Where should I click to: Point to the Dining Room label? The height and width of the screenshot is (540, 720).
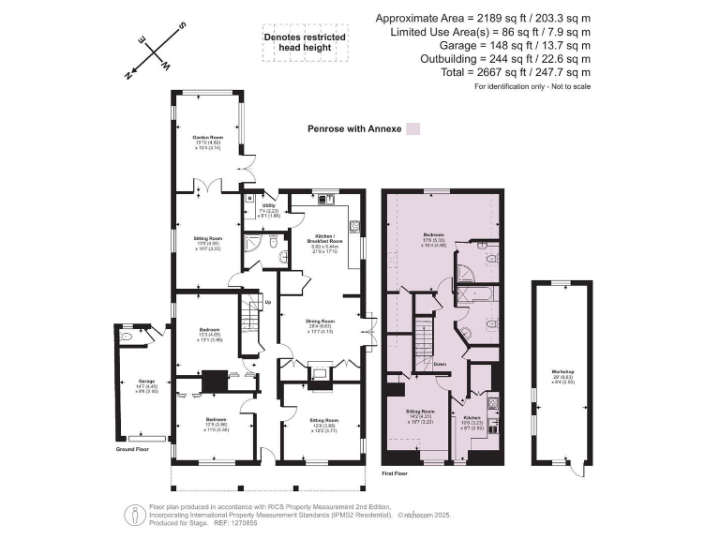321,322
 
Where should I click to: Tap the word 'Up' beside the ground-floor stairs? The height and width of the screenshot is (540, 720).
269,302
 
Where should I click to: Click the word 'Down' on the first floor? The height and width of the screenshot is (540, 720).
440,364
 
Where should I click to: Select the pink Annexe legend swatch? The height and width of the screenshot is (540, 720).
412,130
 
